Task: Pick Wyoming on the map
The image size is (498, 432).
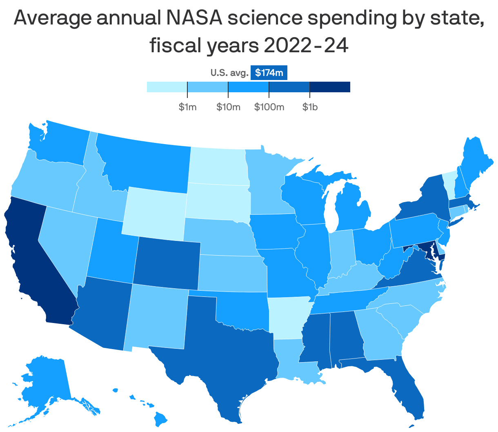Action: click(x=155, y=212)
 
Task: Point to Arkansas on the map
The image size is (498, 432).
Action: click(x=288, y=316)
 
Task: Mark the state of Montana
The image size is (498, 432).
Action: click(x=143, y=163)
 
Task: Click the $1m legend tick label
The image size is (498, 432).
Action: click(x=187, y=107)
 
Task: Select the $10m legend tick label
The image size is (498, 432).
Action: click(x=228, y=107)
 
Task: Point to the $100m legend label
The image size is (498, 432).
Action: click(x=269, y=107)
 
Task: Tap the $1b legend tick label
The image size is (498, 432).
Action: click(x=310, y=107)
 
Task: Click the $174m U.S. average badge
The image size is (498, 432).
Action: click(x=269, y=73)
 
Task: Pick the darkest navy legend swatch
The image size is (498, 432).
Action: click(x=330, y=87)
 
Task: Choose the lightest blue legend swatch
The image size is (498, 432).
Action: click(x=167, y=87)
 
